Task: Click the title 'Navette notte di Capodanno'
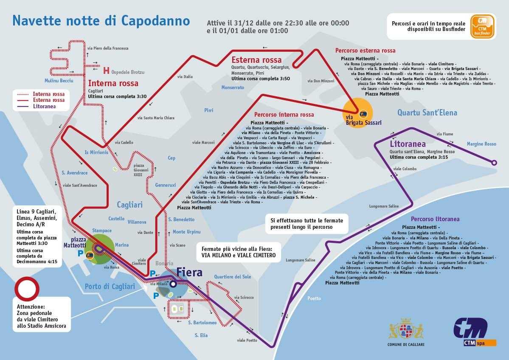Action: pos(101,20)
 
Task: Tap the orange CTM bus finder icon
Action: pos(482,27)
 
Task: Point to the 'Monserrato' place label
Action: pos(233,87)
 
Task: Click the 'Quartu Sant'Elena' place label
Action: pos(427,112)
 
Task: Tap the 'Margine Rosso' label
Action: pos(481,144)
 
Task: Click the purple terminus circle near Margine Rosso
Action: pos(494,162)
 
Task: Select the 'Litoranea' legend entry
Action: pos(44,106)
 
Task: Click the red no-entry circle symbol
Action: pos(26,289)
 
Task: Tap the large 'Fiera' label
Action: pos(189,272)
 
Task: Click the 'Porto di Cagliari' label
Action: pos(110,286)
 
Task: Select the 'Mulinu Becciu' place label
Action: pos(59,81)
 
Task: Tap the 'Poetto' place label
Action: pos(314,298)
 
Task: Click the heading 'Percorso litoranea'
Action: pos(435,219)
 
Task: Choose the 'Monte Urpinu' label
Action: pos(186,232)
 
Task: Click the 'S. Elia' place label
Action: pos(201,335)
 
